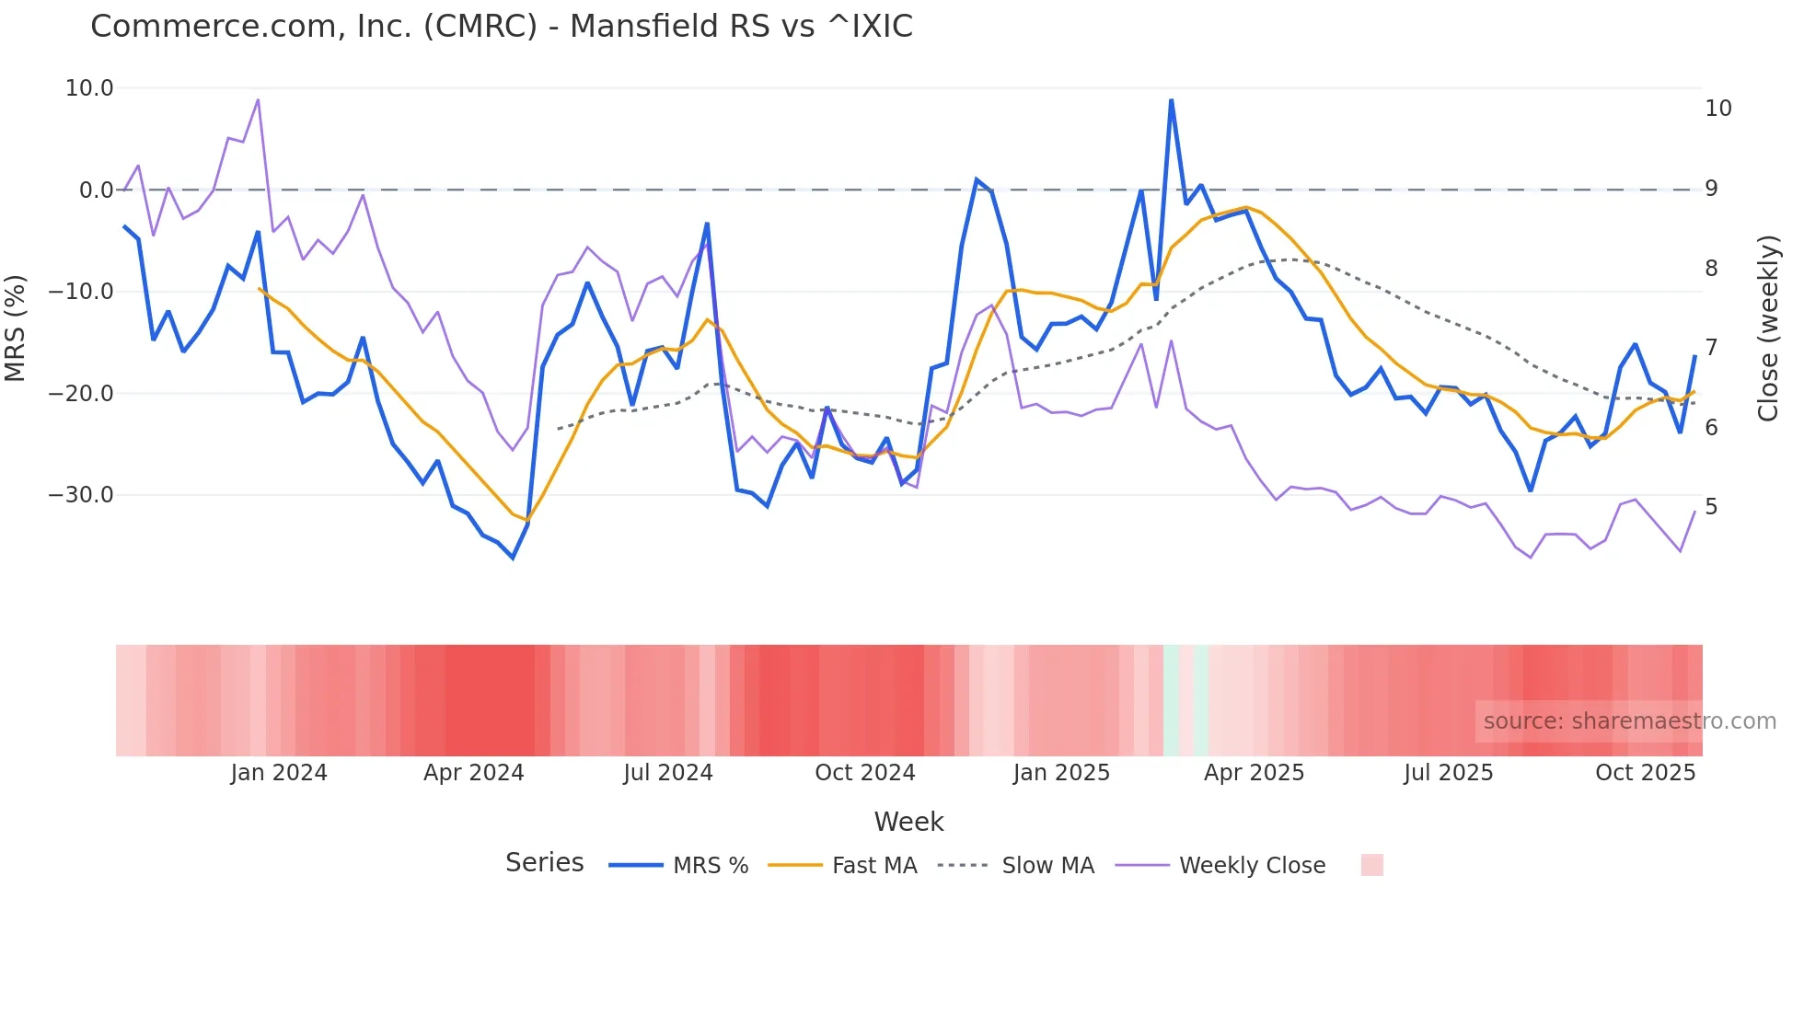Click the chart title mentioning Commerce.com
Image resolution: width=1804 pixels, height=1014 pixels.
pos(502,27)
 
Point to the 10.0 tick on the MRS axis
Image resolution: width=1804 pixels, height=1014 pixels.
pos(89,88)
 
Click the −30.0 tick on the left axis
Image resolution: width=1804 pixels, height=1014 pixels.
pos(81,495)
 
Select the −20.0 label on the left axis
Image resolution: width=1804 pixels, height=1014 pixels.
pos(81,394)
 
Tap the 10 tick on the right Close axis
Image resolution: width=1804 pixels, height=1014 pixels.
pos(1717,109)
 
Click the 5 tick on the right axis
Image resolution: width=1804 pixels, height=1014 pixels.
pos(1711,507)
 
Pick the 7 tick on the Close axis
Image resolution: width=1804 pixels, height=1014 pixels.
pos(1711,348)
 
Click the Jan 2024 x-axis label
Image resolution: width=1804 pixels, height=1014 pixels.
pos(279,773)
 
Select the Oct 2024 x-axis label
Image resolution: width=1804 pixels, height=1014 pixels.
pos(865,773)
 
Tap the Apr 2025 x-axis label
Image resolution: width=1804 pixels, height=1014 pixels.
pos(1254,773)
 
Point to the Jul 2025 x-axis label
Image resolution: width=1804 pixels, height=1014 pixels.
pos(1448,773)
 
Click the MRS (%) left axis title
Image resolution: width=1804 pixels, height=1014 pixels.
pos(16,328)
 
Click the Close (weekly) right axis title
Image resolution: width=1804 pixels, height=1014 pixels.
pos(1768,328)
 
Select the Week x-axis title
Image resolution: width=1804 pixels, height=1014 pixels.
pos(908,822)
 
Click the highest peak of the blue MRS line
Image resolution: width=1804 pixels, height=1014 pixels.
pos(1171,100)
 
